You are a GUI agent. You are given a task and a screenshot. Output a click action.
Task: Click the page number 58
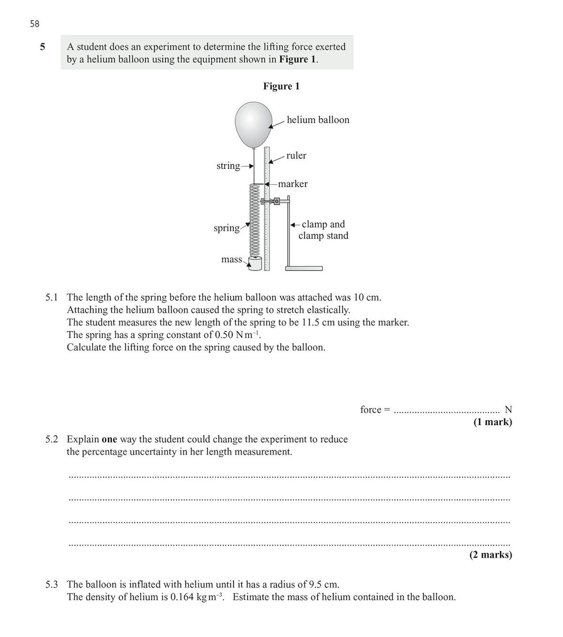(34, 23)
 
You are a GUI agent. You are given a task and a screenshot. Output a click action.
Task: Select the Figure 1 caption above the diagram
(281, 86)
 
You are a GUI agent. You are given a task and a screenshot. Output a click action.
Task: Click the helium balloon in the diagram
(253, 124)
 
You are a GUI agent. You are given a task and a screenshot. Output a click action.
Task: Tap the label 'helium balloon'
(318, 120)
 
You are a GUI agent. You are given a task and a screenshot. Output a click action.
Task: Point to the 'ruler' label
(296, 156)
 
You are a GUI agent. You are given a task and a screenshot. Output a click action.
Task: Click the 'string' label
(228, 166)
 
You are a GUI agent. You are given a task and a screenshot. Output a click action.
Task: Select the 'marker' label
(293, 184)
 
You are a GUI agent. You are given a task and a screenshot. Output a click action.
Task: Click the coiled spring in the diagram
(254, 220)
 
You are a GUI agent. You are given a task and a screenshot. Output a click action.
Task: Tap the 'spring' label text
(227, 228)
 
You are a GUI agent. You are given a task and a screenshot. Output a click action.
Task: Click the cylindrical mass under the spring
(254, 264)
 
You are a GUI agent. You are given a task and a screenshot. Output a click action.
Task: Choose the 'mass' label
(232, 259)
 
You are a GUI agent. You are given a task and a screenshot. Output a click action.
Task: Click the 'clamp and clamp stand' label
(323, 230)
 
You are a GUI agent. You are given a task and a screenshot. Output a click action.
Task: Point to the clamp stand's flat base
(304, 268)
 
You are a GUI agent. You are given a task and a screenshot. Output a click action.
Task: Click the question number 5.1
(52, 297)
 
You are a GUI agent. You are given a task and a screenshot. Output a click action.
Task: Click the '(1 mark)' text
(492, 422)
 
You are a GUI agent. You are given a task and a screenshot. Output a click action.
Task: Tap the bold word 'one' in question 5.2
(109, 440)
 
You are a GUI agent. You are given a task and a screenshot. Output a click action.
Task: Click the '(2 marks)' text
(490, 555)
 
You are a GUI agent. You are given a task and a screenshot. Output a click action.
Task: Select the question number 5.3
(52, 584)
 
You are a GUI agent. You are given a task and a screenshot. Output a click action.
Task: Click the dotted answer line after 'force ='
(446, 411)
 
